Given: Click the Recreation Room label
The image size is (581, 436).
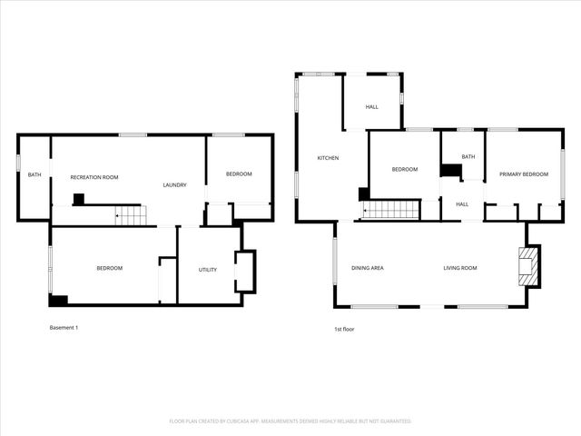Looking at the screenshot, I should (94, 177).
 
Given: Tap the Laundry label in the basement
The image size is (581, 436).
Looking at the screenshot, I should (174, 185).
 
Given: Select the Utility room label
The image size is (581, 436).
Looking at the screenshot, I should (208, 269).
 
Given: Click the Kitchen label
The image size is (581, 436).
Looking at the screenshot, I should (328, 158).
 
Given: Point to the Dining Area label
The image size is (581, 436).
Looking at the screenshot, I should (368, 268).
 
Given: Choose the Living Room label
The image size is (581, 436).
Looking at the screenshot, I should (460, 268).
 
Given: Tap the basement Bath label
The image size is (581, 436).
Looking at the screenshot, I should (34, 174).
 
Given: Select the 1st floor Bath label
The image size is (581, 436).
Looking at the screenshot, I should (468, 156).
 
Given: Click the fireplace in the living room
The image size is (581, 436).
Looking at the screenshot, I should (527, 266).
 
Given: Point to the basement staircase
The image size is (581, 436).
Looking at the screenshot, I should (130, 215).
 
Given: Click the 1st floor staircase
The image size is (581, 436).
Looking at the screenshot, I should (390, 210).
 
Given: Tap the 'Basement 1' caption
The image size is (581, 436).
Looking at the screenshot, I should (64, 327).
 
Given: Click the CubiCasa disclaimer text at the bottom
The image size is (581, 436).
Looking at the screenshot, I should (290, 421).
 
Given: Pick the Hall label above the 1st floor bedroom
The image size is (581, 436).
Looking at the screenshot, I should (372, 107).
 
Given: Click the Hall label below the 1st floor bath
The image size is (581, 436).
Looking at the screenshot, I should (462, 203).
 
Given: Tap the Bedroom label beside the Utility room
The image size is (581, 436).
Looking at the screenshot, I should (110, 268).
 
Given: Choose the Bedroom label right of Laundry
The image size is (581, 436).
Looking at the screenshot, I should (239, 173).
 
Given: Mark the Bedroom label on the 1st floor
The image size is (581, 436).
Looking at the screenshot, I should (405, 169).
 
